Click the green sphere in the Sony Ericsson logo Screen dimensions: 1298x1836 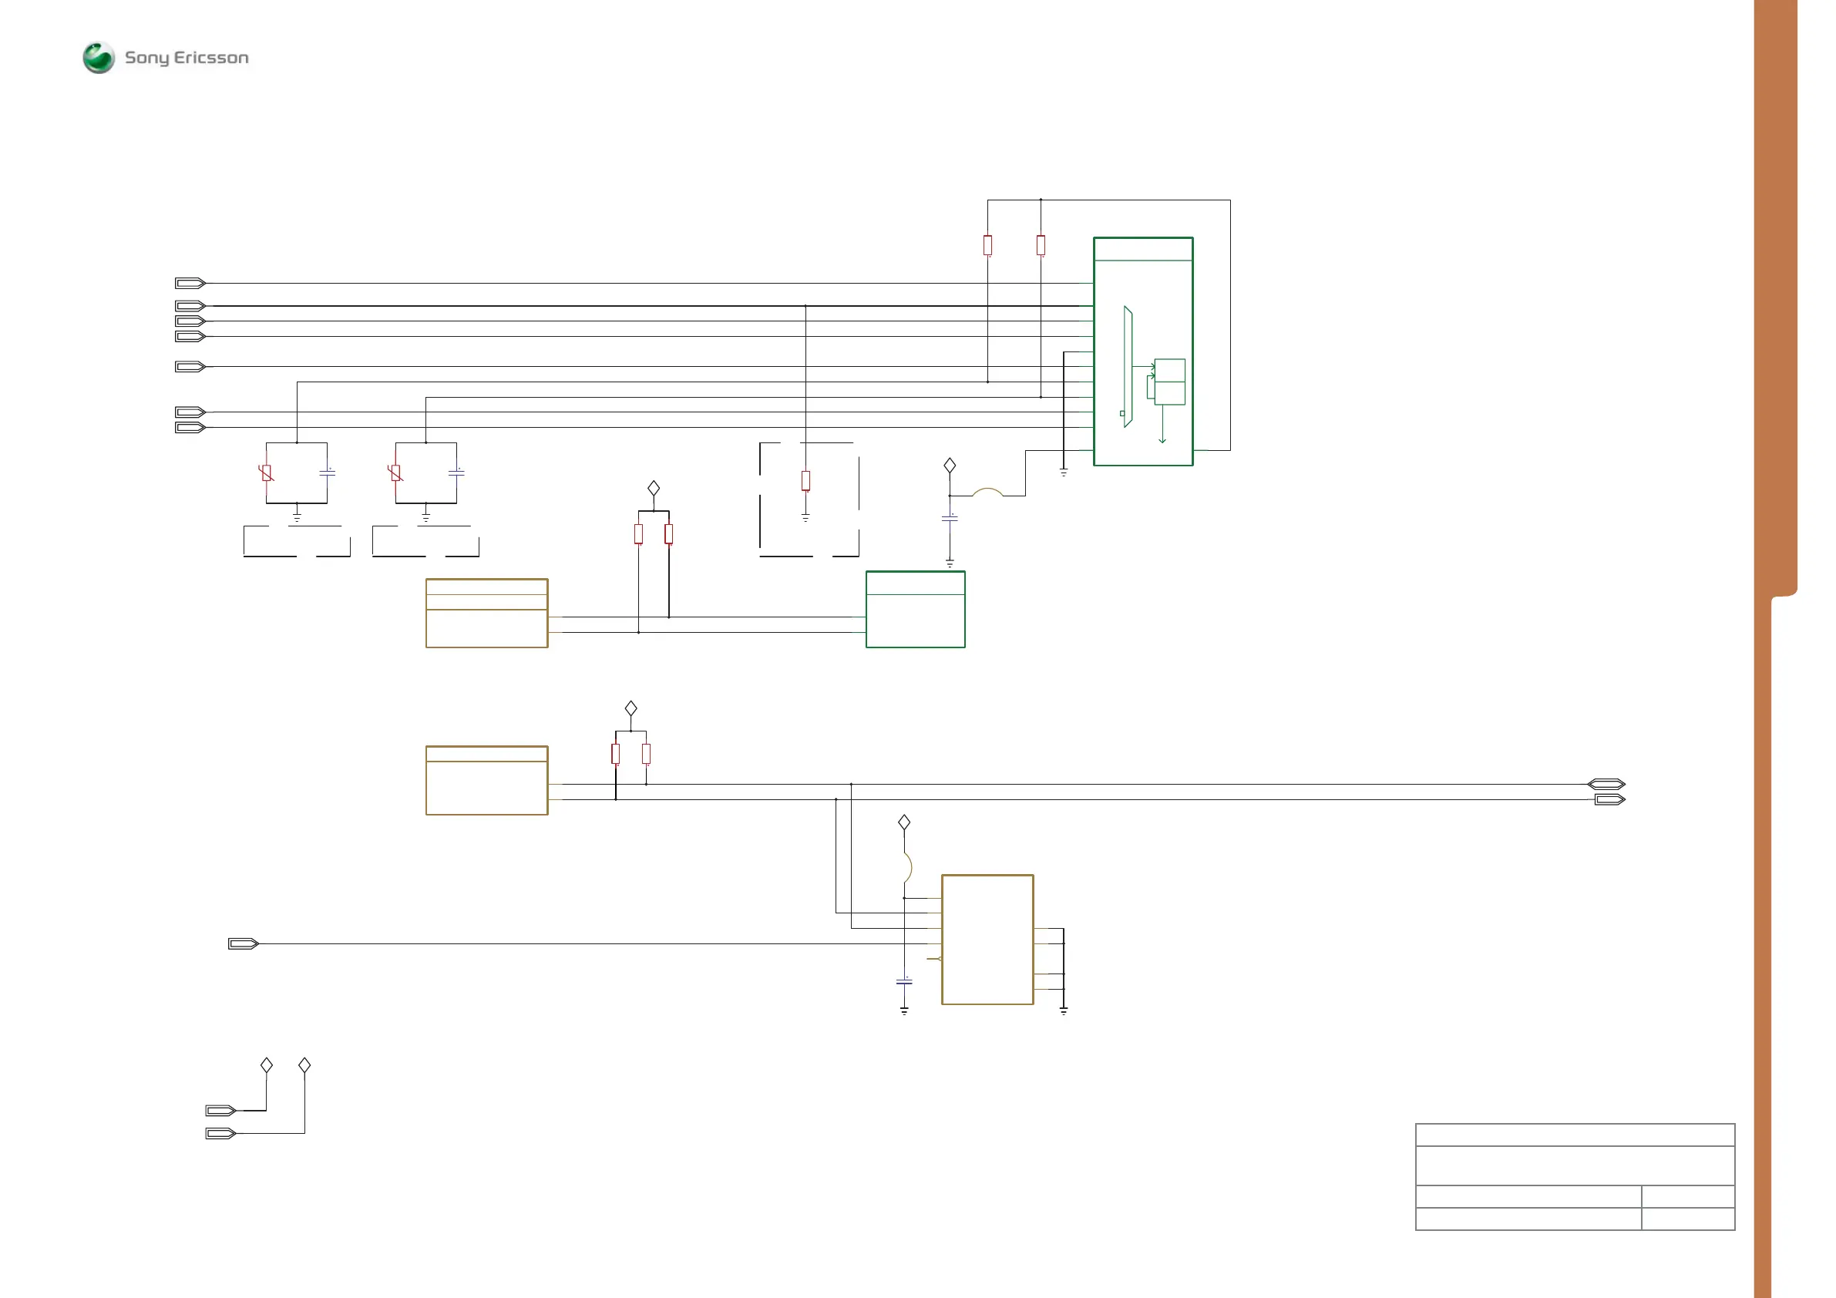pyautogui.click(x=99, y=58)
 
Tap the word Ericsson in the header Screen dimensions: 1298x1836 pyautogui.click(x=211, y=58)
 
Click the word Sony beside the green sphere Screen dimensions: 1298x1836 pyautogui.click(x=147, y=58)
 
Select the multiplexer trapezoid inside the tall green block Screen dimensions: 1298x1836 pyautogui.click(x=1128, y=366)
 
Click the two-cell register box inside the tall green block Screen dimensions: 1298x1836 pyautogui.click(x=1170, y=382)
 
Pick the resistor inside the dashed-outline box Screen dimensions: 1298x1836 pyautogui.click(x=805, y=481)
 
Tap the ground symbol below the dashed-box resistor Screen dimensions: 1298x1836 pyautogui.click(x=805, y=518)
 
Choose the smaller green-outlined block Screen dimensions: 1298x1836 pyautogui.click(x=915, y=610)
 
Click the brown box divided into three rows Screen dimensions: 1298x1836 pyautogui.click(x=486, y=614)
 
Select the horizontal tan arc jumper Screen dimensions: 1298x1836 pyautogui.click(x=987, y=492)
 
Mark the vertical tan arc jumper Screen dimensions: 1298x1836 pyautogui.click(x=908, y=868)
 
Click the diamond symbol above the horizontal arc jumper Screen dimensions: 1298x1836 pyautogui.click(x=949, y=466)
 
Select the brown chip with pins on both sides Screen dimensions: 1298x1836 pyautogui.click(x=987, y=940)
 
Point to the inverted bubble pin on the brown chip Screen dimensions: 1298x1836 pyautogui.click(x=939, y=958)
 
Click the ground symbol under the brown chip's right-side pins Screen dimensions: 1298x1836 pyautogui.click(x=1064, y=1012)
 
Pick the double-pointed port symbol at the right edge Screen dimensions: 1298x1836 pyautogui.click(x=1606, y=784)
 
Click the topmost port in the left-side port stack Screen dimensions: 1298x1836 pyautogui.click(x=190, y=283)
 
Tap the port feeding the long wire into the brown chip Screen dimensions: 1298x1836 pyautogui.click(x=243, y=943)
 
